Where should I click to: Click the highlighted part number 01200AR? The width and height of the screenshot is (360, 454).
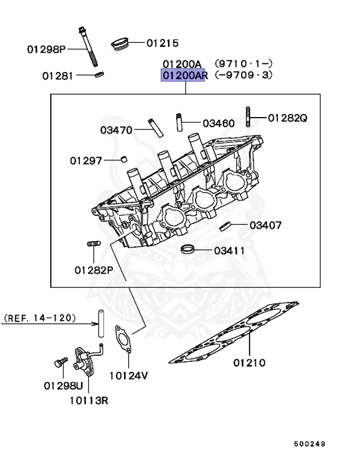pyautogui.click(x=183, y=75)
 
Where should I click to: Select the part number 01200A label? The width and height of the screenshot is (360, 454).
pyautogui.click(x=183, y=63)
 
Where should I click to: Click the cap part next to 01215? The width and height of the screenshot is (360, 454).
pyautogui.click(x=121, y=44)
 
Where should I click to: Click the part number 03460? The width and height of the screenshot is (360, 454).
pyautogui.click(x=218, y=124)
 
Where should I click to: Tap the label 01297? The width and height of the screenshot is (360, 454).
pyautogui.click(x=86, y=160)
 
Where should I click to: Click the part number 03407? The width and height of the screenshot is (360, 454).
pyautogui.click(x=265, y=225)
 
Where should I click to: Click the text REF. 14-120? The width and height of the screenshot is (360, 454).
pyautogui.click(x=40, y=317)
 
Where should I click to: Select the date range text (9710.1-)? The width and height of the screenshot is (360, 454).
pyautogui.click(x=244, y=63)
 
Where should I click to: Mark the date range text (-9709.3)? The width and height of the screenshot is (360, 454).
pyautogui.click(x=244, y=75)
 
